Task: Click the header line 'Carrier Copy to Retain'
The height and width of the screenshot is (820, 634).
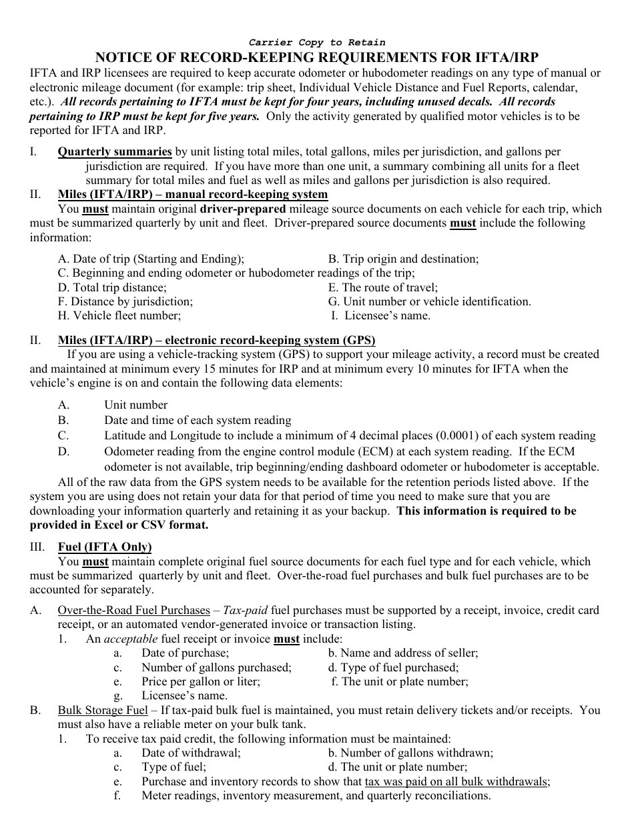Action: point(317,43)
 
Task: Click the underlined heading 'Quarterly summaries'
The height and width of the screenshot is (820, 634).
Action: point(115,152)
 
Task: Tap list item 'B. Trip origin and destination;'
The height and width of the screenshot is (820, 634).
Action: point(403,259)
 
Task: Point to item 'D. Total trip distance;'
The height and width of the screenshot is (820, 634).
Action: point(112,287)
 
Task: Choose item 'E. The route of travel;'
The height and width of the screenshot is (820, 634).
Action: point(383,287)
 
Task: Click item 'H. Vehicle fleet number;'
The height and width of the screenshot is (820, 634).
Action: point(119,315)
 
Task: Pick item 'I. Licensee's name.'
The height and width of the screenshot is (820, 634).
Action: point(381,315)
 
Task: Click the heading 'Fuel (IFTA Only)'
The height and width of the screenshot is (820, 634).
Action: point(105,547)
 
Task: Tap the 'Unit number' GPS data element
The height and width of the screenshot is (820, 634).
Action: point(135,405)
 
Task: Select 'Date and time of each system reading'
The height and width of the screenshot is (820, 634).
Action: point(198,420)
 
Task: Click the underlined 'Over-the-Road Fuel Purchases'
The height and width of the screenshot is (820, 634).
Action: point(133,610)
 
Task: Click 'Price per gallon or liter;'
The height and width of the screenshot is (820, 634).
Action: point(201,681)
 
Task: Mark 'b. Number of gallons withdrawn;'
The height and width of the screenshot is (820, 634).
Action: point(410,753)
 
